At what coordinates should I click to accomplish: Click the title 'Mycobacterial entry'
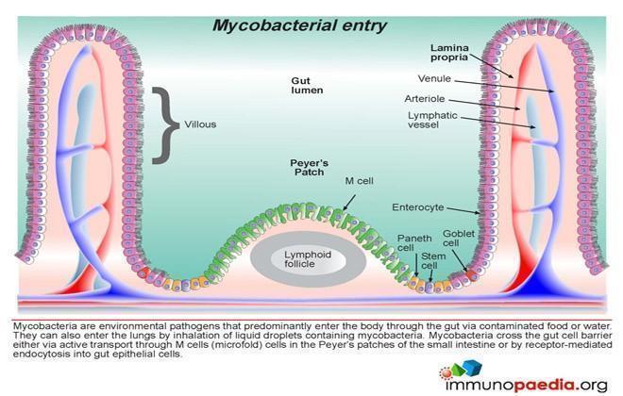click(299, 26)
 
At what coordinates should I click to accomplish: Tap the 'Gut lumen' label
click(307, 86)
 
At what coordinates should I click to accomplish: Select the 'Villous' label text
click(200, 124)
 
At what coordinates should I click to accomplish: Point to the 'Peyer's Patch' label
click(309, 168)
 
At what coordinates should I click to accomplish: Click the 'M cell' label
click(360, 181)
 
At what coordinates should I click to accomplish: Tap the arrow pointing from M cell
click(349, 202)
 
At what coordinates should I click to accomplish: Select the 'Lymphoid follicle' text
click(308, 259)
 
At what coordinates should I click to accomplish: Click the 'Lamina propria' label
click(449, 53)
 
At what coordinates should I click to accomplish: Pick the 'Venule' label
click(434, 78)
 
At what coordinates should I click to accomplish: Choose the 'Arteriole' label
click(425, 99)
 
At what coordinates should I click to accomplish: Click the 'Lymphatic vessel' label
click(432, 120)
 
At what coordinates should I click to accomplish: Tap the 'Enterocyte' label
click(417, 207)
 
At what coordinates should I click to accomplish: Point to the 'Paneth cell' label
click(414, 243)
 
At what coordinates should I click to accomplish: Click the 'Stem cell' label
click(432, 260)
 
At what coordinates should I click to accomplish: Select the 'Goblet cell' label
click(459, 239)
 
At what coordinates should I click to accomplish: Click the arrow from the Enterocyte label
click(463, 210)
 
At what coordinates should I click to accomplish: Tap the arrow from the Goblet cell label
click(460, 260)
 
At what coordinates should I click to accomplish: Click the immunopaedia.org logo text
click(527, 385)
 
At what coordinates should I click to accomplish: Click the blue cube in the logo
click(473, 367)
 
